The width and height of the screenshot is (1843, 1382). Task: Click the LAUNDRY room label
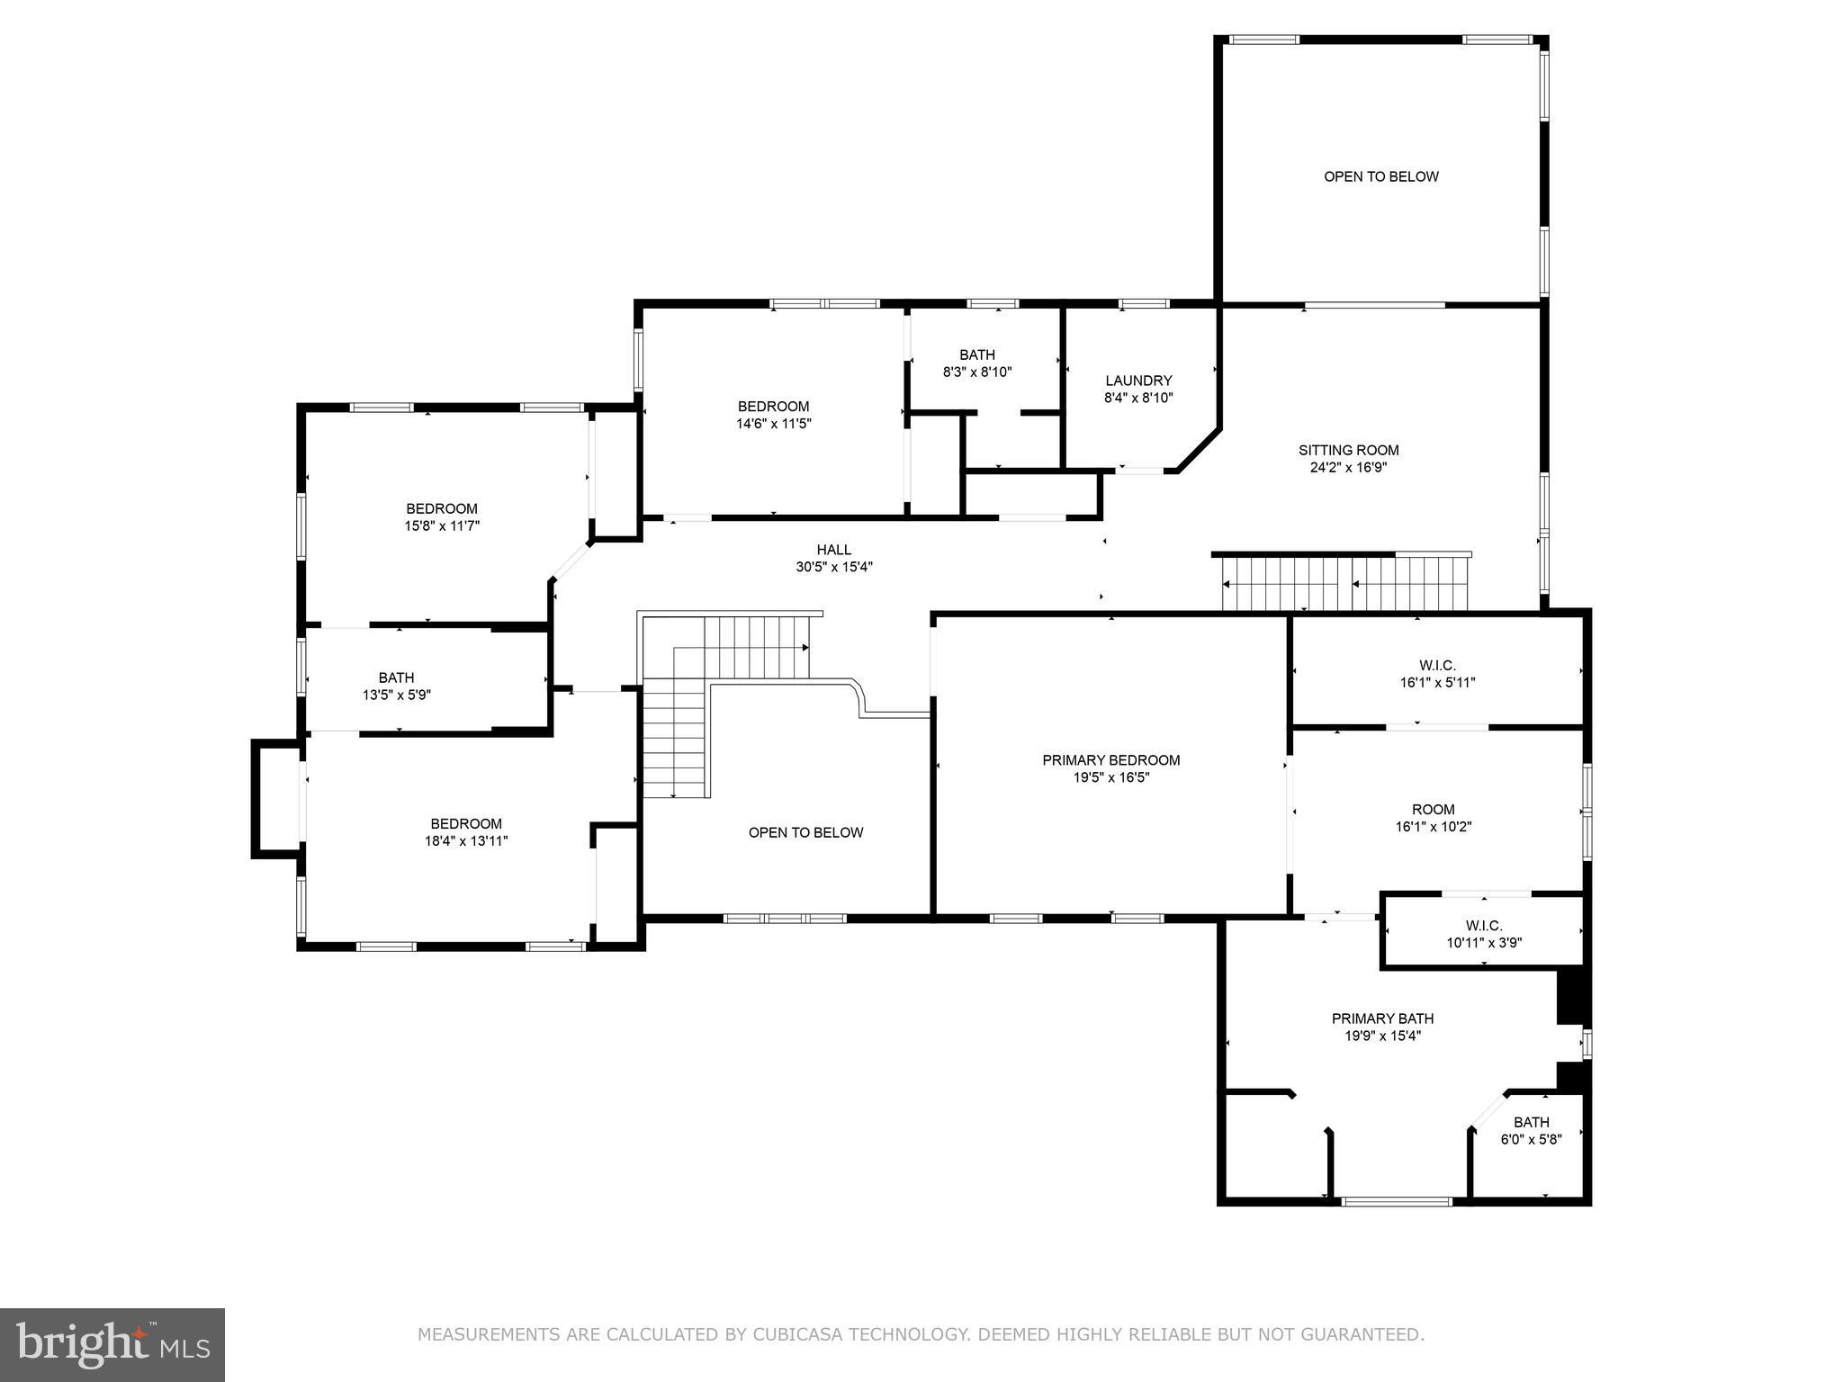click(x=1138, y=381)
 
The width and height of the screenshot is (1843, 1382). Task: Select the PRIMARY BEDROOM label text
click(x=1110, y=760)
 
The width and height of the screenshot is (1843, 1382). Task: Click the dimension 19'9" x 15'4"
click(x=1382, y=1036)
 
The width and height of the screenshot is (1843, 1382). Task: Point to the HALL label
click(x=833, y=550)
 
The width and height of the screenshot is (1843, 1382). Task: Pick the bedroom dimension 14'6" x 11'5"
click(x=773, y=424)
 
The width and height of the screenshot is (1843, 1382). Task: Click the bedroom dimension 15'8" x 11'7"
click(x=441, y=525)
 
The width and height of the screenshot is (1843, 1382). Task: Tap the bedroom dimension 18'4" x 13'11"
click(x=466, y=841)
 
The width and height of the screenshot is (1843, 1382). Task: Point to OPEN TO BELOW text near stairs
click(x=805, y=832)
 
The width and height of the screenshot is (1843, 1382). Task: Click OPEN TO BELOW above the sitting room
click(x=1380, y=176)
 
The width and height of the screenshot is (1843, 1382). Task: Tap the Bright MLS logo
click(x=112, y=1344)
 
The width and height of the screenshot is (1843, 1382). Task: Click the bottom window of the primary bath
click(x=1396, y=1201)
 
